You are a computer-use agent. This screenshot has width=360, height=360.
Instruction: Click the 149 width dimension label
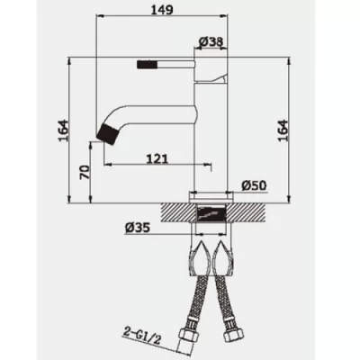tap(162, 9)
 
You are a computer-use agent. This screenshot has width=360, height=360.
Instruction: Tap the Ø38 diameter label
tap(211, 41)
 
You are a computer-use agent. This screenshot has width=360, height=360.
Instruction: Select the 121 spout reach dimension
tap(157, 158)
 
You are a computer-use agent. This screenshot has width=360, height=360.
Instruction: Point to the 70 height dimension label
tap(85, 172)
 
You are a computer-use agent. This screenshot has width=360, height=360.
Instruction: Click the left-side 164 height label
tap(63, 130)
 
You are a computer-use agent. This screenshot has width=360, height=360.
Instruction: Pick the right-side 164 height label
tap(283, 130)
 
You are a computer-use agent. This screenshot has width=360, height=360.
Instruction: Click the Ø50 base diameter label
tap(254, 185)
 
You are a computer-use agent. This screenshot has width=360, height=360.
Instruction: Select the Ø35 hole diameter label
tap(138, 229)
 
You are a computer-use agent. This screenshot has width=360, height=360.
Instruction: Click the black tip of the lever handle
tap(147, 64)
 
